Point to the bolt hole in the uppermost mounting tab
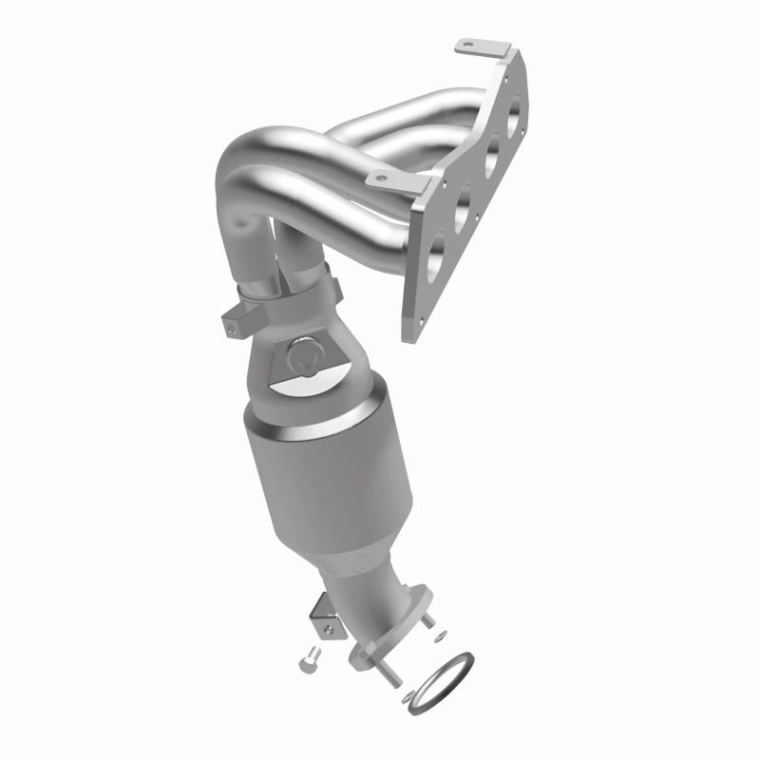tap(465, 44)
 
